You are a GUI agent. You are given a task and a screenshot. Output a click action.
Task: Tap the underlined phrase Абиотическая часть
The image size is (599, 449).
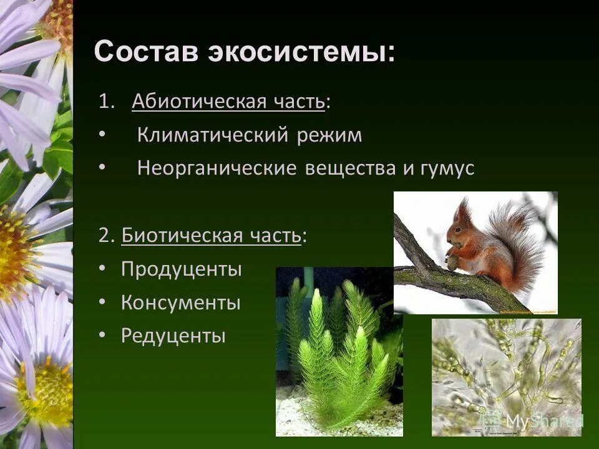[x=228, y=102]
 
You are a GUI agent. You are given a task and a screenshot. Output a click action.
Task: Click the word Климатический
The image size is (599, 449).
[x=212, y=135]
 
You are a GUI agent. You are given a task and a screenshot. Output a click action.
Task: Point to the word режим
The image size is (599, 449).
[x=329, y=135]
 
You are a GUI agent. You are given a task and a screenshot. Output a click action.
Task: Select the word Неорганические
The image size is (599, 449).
[x=217, y=168]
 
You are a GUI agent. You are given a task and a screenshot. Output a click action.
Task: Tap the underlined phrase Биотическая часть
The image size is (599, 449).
[x=211, y=236]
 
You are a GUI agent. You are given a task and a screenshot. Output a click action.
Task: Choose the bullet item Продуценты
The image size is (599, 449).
[x=181, y=269]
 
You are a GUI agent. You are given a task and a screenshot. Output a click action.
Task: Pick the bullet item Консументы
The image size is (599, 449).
[x=180, y=303]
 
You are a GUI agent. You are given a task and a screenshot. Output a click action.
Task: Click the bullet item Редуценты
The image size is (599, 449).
[x=173, y=336]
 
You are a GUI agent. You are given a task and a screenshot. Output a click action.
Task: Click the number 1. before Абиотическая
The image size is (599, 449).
[x=107, y=102]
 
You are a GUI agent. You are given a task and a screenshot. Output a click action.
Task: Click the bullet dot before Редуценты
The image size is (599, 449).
[x=102, y=336]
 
